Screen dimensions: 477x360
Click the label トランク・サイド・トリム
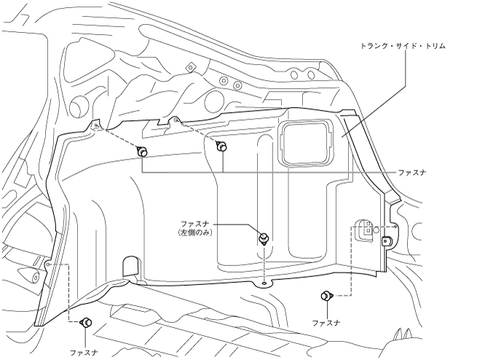403,46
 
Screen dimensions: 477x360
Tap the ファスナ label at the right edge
412,173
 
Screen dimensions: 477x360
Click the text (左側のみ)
195,232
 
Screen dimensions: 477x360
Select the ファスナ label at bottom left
84,353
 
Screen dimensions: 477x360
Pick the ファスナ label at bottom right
326,323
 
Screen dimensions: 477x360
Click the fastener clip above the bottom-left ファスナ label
86,322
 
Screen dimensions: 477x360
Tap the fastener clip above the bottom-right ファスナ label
327,295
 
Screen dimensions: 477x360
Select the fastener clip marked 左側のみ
264,238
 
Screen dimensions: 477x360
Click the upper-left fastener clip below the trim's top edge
142,152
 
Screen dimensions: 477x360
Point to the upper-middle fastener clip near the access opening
221,146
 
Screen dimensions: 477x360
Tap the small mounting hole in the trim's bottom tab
264,283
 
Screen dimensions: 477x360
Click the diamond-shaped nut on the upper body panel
191,67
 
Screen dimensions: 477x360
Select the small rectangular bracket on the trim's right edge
387,242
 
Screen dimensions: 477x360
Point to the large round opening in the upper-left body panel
79,107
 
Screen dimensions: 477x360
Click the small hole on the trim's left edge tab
48,264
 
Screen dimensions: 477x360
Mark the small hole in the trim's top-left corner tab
95,125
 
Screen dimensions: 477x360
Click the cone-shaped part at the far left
28,275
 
